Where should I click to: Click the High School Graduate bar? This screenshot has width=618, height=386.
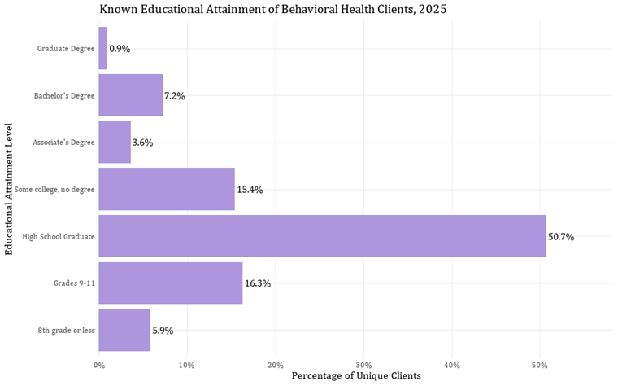(322, 236)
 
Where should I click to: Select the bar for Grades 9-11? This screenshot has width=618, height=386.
(171, 283)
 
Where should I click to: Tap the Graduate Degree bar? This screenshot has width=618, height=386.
(102, 48)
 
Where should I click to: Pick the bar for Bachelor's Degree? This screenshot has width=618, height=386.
(131, 95)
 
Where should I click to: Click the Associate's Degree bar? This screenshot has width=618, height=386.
(115, 143)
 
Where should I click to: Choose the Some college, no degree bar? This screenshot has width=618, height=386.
(167, 189)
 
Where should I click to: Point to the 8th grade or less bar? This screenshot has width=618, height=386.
(124, 330)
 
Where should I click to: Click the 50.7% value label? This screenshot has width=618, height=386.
(561, 237)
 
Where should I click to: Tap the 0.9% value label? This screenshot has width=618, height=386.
(120, 49)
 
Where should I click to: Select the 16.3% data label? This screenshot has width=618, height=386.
(258, 284)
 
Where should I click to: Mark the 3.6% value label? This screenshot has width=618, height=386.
(143, 143)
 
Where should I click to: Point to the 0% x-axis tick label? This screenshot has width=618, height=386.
(99, 364)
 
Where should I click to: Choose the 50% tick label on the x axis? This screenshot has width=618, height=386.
(540, 364)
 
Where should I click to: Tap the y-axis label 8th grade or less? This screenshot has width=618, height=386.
(66, 331)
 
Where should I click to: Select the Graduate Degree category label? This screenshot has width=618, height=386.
(66, 49)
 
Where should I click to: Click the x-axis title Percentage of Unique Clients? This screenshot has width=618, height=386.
(355, 376)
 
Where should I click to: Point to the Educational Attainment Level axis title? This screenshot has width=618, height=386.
(9, 189)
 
